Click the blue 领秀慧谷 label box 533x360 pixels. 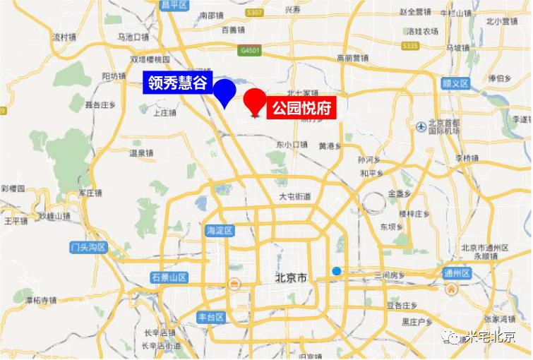coord(177,83)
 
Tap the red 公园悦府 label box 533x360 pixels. coord(301,109)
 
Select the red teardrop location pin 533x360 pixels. coord(254,103)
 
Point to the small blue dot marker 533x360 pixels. coord(337,271)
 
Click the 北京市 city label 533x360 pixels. coord(292,280)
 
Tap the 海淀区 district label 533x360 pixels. coord(220,230)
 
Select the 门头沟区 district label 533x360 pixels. coord(88,247)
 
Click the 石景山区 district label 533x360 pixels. coord(167,278)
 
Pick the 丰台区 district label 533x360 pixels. coord(210,317)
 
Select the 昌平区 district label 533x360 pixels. coord(174,5)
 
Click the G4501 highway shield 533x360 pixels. coord(250,51)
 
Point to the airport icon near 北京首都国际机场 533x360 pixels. coord(422,126)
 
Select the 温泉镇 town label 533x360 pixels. coord(141,152)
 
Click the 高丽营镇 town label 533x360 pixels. coord(352,58)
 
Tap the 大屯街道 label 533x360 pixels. coord(294,196)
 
